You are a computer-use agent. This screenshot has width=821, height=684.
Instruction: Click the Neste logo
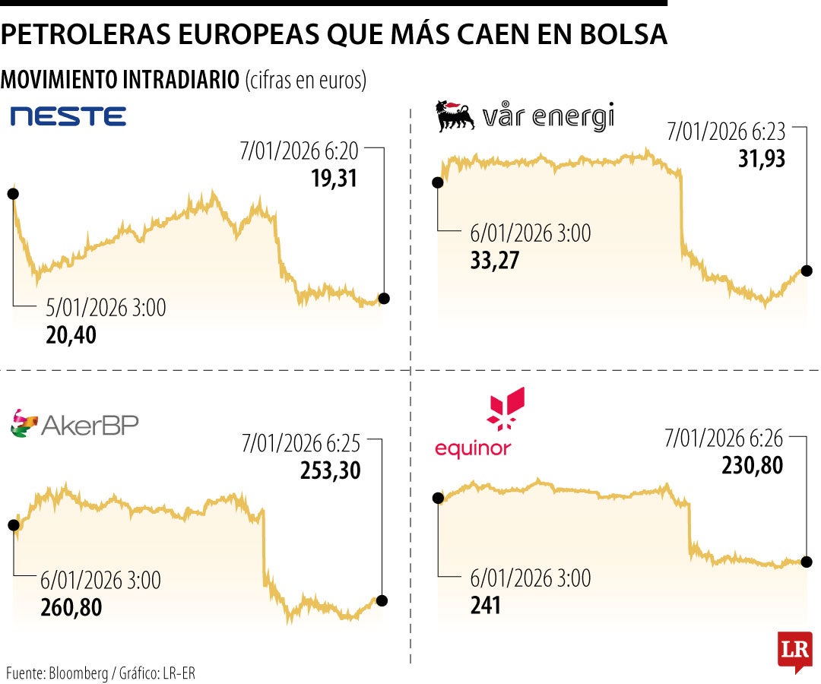point(68,116)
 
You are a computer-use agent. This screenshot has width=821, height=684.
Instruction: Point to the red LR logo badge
point(795,651)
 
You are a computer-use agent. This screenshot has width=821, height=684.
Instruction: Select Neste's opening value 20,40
point(71,334)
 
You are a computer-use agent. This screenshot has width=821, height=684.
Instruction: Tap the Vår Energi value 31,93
point(760,159)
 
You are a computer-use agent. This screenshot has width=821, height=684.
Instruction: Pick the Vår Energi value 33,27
point(496,260)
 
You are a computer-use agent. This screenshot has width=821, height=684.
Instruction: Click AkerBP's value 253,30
point(329,470)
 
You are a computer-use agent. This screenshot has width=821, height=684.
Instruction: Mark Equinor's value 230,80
point(751,464)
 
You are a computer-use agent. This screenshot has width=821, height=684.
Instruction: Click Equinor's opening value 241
point(486,605)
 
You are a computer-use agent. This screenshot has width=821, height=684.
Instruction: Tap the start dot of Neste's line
point(12,194)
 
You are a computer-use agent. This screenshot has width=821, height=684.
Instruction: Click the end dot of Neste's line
point(384,299)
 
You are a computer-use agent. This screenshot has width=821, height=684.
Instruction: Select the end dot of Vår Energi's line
point(807,271)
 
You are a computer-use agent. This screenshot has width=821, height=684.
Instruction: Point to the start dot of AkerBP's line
point(13,524)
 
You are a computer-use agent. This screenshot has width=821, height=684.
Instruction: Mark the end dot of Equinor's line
point(806,562)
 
